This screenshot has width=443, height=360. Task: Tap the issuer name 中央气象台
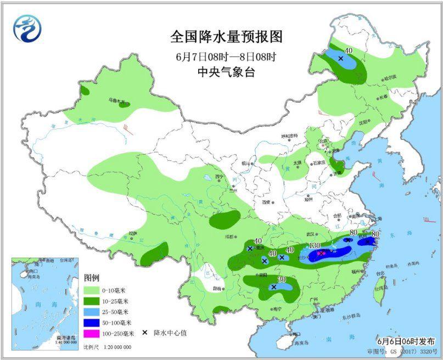click(226, 72)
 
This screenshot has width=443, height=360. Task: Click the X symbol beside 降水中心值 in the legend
click(144, 333)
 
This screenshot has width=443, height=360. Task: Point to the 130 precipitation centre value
click(315, 245)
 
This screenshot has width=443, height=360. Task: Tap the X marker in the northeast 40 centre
click(340, 58)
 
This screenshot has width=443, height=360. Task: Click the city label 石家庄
click(319, 163)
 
